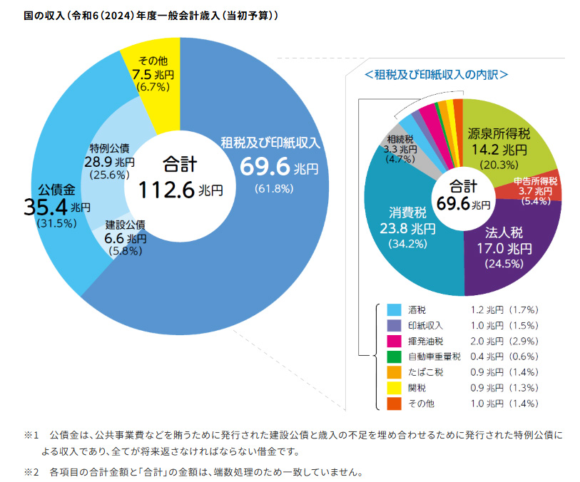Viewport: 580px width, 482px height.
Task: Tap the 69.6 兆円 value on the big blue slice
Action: pyautogui.click(x=278, y=168)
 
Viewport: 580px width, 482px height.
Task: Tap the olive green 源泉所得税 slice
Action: pyautogui.click(x=507, y=143)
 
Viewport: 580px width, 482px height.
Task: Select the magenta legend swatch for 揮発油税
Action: pyautogui.click(x=394, y=341)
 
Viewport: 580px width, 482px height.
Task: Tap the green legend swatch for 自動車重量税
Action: pyautogui.click(x=394, y=357)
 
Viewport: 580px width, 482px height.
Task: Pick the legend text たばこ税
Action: pyautogui.click(x=426, y=372)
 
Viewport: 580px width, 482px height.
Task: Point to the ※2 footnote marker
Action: pyautogui.click(x=30, y=471)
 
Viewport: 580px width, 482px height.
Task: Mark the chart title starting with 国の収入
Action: pyautogui.click(x=139, y=14)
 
